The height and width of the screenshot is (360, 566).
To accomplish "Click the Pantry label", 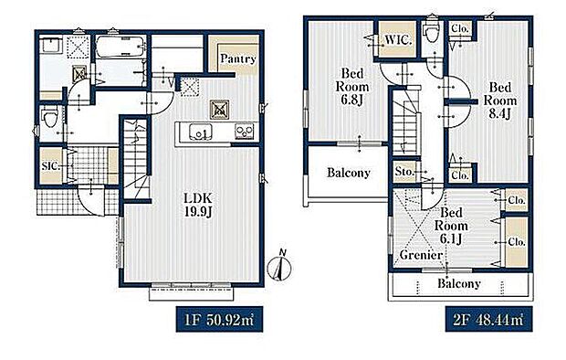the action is pyautogui.click(x=238, y=58).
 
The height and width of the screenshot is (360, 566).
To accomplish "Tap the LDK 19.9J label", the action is pyautogui.click(x=198, y=205).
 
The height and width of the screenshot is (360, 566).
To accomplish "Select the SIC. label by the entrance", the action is pyautogui.click(x=50, y=166).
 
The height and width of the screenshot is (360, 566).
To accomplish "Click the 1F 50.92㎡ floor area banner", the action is pyautogui.click(x=219, y=320).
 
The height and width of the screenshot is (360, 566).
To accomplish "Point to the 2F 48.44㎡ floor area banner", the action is pyautogui.click(x=488, y=320).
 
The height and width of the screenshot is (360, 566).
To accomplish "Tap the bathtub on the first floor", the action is pyautogui.click(x=121, y=47).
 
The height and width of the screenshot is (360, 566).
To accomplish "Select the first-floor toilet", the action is pyautogui.click(x=50, y=117).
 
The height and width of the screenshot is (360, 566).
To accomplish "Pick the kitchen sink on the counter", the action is pyautogui.click(x=201, y=132).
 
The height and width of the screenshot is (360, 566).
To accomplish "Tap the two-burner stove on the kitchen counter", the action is pyautogui.click(x=245, y=132).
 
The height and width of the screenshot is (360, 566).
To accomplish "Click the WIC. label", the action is pyautogui.click(x=398, y=39).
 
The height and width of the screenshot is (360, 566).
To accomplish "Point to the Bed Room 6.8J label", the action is pyautogui.click(x=352, y=87).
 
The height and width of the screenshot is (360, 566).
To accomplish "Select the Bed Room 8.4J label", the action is pyautogui.click(x=500, y=101).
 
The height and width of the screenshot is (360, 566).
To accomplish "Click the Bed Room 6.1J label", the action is pyautogui.click(x=451, y=226).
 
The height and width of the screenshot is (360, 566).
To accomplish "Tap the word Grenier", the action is pyautogui.click(x=421, y=255).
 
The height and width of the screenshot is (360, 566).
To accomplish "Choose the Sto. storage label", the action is pyautogui.click(x=404, y=172).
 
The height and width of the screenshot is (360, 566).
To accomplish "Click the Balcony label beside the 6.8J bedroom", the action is pyautogui.click(x=349, y=173).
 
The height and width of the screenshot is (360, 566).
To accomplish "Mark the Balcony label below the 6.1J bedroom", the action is pyautogui.click(x=459, y=283).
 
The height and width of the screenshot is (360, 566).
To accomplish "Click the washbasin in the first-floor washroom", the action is pyautogui.click(x=50, y=45).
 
